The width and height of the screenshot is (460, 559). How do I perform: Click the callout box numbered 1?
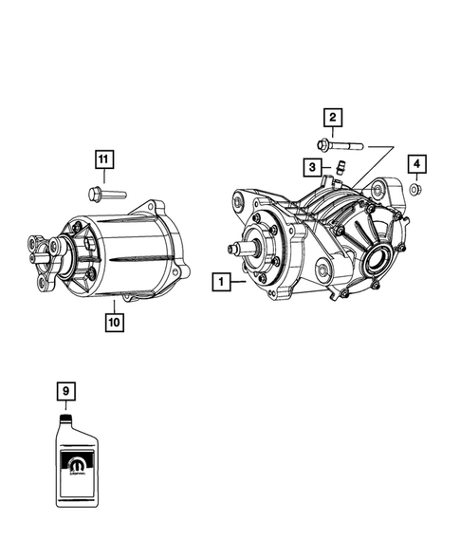click(x=220, y=282)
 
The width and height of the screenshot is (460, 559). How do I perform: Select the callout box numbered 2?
click(x=332, y=118)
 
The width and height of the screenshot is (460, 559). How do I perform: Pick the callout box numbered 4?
click(x=416, y=165)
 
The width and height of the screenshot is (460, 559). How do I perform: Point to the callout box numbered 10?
click(x=114, y=322)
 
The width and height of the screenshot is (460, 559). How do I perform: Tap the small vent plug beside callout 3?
click(x=335, y=172)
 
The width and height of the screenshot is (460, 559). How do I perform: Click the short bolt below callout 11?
click(x=103, y=196)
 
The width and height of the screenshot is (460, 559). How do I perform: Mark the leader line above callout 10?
click(x=114, y=306)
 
